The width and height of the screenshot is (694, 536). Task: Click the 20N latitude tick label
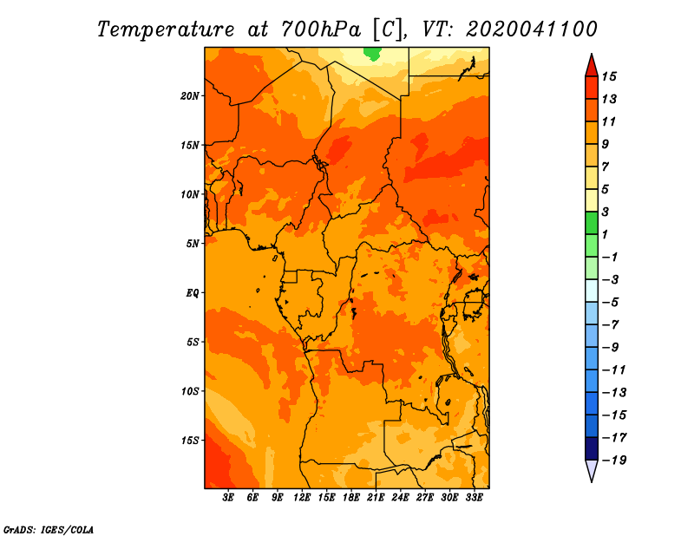190,96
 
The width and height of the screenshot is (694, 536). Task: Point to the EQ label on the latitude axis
193,293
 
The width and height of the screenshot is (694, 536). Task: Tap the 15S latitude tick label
190,441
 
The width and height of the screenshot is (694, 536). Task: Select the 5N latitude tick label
193,244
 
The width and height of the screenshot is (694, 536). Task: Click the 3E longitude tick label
228,498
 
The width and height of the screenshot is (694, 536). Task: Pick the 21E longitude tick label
376,498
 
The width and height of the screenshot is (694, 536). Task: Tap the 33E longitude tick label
474,498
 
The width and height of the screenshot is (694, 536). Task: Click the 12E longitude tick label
301,498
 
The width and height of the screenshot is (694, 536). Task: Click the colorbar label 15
609,76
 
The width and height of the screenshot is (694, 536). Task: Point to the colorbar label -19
614,461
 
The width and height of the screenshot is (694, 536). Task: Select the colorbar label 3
606,212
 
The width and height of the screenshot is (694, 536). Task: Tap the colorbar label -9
610,348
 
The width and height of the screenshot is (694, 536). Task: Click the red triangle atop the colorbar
592,67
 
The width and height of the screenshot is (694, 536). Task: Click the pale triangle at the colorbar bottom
592,470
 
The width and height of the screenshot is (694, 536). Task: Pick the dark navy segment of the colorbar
592,448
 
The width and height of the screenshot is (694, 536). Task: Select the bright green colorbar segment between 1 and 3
592,223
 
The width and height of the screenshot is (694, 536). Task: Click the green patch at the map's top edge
372,54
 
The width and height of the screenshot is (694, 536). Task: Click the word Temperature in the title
166,29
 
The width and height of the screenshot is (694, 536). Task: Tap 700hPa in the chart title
321,29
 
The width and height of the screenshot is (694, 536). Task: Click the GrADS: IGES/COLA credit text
49,530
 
